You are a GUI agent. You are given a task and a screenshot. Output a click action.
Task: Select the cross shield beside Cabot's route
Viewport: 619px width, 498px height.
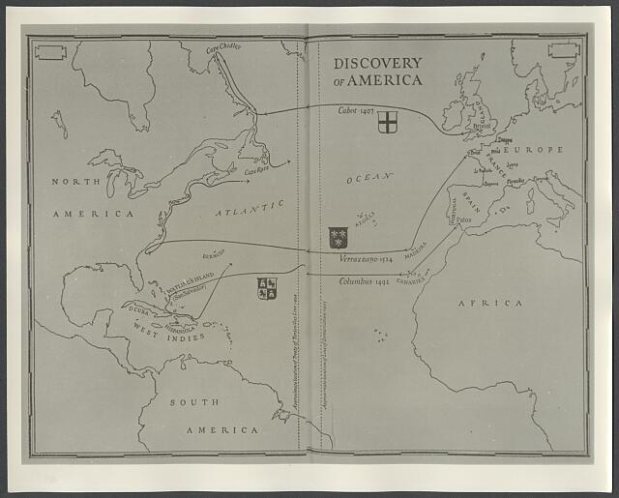point(387,122)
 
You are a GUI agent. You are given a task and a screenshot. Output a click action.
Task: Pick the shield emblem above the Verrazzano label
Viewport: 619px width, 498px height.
point(338,237)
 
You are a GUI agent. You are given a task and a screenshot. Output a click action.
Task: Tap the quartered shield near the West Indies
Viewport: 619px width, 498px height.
point(266,288)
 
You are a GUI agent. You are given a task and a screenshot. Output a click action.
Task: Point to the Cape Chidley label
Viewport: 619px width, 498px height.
point(224,46)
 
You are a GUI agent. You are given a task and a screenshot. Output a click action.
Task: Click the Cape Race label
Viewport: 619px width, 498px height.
point(256,171)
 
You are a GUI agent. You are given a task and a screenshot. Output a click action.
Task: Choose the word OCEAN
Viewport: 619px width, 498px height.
point(368,177)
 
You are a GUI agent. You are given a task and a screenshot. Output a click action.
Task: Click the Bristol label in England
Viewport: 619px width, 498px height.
point(481,126)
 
